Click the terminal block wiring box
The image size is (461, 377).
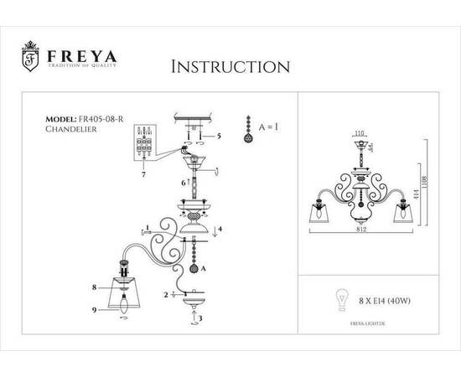point(145,144)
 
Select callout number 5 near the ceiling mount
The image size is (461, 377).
point(219,135)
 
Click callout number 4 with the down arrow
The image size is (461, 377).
point(220,229)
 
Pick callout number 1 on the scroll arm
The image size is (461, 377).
point(147,227)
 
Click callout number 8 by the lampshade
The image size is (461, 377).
point(95,287)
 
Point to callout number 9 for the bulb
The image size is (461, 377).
point(95,310)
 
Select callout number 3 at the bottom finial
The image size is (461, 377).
point(199,319)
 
